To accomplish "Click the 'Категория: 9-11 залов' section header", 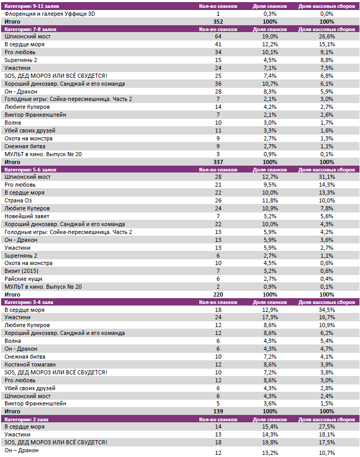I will (x=30, y=6).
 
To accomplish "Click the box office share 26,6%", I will (x=326, y=37).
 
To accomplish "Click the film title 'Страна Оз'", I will (x=19, y=201).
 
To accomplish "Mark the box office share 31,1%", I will (x=326, y=177).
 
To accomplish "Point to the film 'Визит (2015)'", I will (x=22, y=271).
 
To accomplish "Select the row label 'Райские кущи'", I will (x=23, y=279).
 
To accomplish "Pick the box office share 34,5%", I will (x=326, y=310).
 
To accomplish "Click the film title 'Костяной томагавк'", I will (x=30, y=364).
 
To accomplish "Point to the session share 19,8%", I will (x=270, y=442).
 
